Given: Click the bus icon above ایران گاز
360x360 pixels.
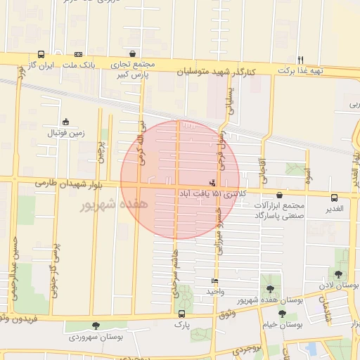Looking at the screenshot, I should coord(41,54).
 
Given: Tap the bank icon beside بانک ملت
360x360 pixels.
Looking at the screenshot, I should coord(78,54).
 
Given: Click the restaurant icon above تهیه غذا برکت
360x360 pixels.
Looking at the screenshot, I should coord(301,60).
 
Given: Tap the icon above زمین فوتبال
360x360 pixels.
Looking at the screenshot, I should coord(65,122).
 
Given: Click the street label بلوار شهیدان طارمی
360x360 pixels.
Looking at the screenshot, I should coord(63,183).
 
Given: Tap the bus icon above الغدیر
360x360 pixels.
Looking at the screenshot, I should coord(333,198).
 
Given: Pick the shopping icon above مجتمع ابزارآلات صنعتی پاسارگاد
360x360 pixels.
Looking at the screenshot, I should coord(280,195).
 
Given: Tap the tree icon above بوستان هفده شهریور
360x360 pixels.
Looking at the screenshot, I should coord(270,289).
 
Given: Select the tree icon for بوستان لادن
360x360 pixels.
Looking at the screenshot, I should coord(338,274).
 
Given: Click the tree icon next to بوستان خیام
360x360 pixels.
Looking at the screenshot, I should coord(282,314).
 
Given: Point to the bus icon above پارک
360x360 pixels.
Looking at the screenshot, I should coord(182,314).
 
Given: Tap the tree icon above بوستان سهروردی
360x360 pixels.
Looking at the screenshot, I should coord(96,326).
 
